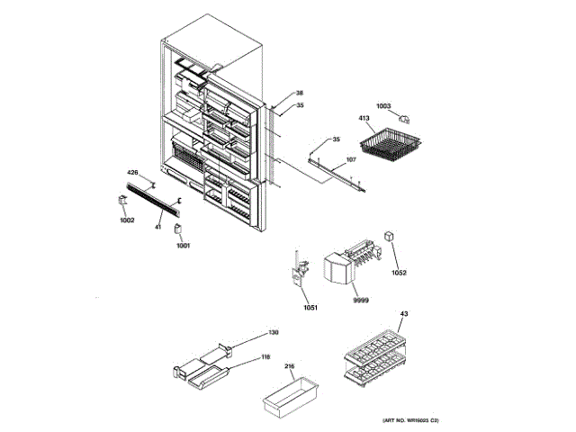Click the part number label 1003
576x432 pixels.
[384, 106]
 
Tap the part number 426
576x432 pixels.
[132, 172]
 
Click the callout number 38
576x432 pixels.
[300, 94]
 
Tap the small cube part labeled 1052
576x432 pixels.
[391, 238]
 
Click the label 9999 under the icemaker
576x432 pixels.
[360, 298]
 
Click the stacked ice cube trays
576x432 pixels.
[373, 359]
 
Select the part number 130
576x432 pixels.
[273, 333]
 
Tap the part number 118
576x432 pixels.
[265, 356]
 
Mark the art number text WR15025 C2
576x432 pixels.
[410, 420]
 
